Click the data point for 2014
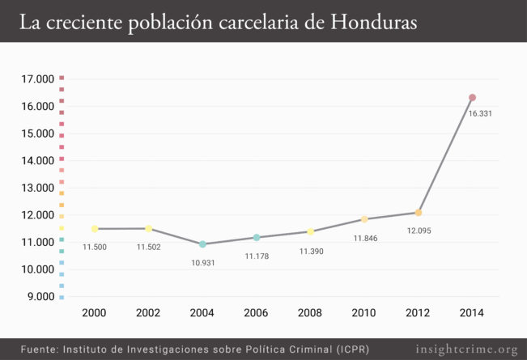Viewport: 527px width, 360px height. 472,98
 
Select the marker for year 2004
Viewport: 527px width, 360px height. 202,244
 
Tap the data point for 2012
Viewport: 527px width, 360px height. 419,213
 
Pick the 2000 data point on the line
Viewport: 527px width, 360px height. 95,229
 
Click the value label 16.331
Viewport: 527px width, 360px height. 480,114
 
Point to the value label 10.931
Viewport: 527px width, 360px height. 202,263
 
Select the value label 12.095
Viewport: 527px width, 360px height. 419,231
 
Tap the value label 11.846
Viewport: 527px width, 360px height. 365,239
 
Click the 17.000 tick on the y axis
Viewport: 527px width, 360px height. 37,79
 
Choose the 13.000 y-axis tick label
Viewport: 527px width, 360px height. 37,188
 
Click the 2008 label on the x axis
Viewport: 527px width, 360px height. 311,312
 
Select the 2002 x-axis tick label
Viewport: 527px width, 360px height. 148,312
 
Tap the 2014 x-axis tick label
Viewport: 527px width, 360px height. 472,312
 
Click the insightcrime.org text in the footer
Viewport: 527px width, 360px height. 466,349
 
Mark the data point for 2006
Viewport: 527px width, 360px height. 257,238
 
